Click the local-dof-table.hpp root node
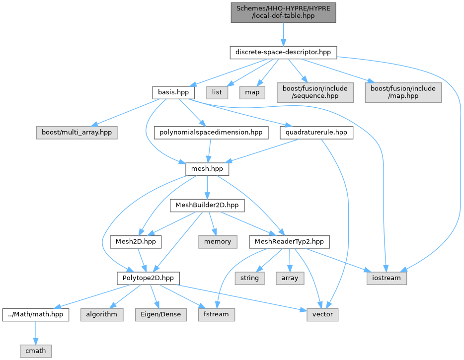283,12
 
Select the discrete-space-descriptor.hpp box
283,52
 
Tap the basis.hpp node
173,92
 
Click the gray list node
217,92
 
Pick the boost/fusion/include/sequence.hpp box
315,92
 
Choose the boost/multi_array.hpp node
77,133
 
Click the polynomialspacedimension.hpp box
211,133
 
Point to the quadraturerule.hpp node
316,133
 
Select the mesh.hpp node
207,169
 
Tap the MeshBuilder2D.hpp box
207,205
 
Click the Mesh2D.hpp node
136,242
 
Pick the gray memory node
218,242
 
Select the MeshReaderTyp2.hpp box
289,242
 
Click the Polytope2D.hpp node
148,279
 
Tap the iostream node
387,279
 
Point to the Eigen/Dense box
160,315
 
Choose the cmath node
36,351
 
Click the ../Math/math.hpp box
36,315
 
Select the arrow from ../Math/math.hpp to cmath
36,333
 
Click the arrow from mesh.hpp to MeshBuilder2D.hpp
207,187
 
